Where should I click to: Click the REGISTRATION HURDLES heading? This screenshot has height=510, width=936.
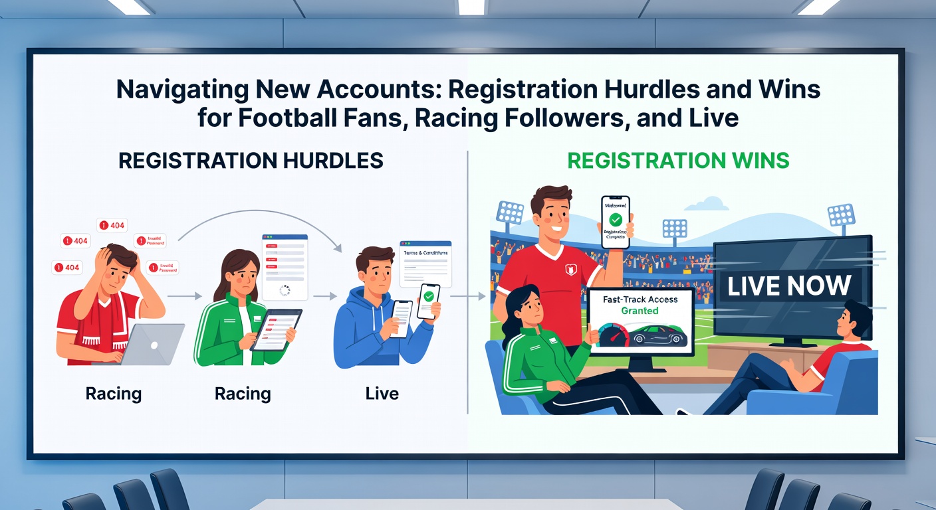point(251,160)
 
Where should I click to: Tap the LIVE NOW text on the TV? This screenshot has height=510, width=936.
point(789,286)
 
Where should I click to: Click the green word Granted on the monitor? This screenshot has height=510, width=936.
point(640,310)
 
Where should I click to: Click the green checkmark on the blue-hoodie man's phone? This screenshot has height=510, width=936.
point(429,296)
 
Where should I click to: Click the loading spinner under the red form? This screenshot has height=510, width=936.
point(285,291)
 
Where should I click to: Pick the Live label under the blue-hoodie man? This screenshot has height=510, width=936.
point(382,394)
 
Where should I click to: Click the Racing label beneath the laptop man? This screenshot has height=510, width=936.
point(114,394)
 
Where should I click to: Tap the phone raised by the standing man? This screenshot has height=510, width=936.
point(615,221)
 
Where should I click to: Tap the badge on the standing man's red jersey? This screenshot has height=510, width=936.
point(568,269)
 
